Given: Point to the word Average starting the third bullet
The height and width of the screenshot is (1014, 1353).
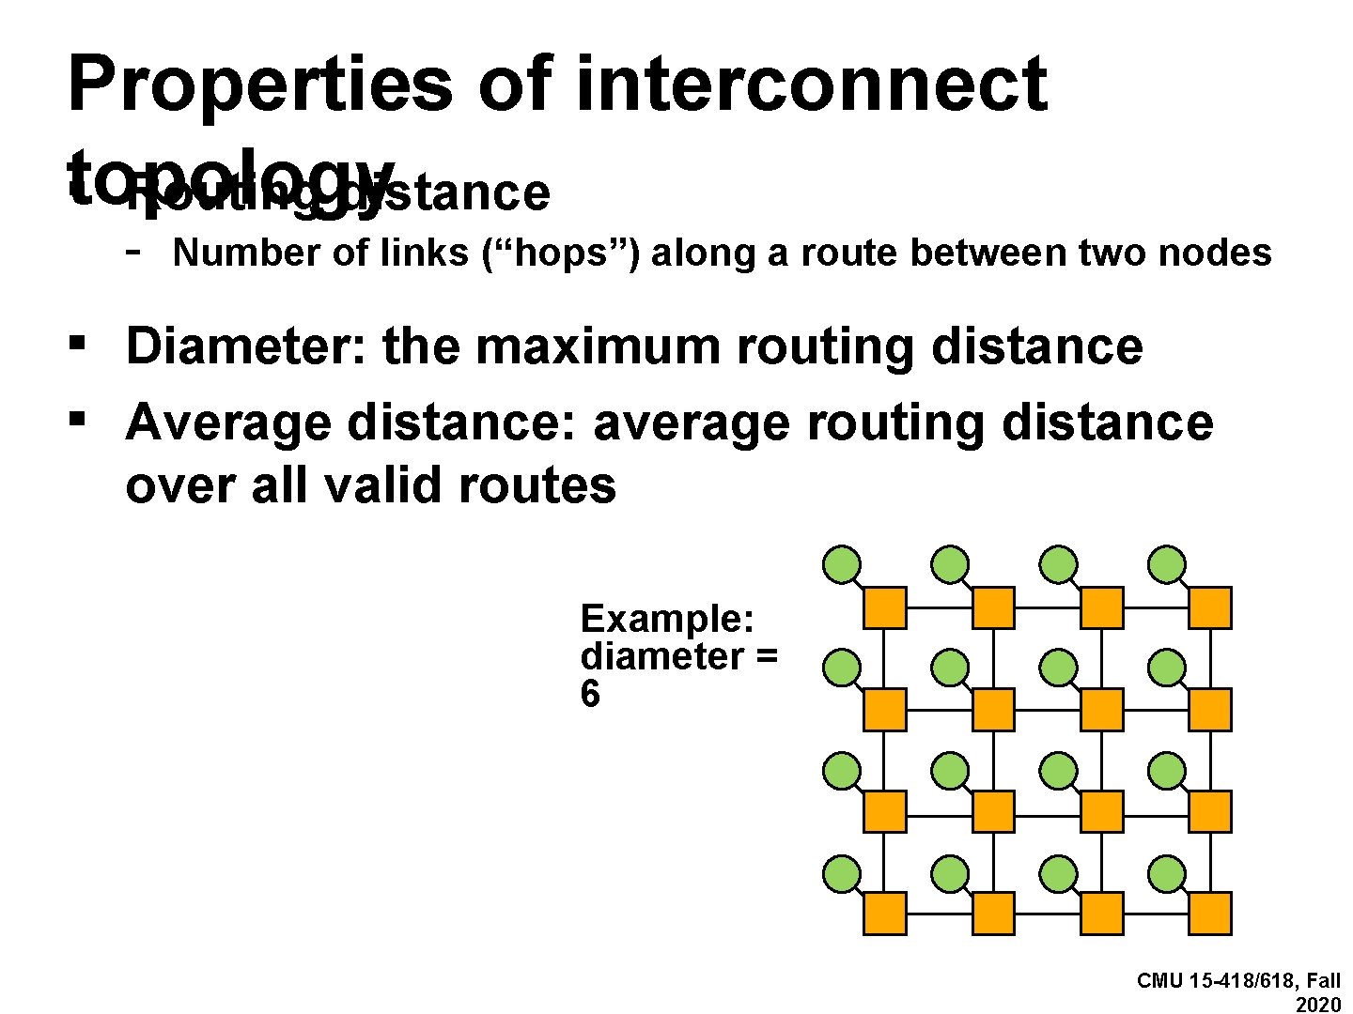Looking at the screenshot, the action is click(227, 422).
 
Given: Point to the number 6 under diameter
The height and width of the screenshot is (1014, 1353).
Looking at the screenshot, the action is click(590, 695).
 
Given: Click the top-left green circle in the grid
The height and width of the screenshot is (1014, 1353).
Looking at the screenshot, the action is click(842, 565).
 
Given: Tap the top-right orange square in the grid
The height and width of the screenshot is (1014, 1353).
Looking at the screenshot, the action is click(1210, 607).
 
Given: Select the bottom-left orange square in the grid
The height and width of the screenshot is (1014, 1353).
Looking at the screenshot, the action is click(884, 914).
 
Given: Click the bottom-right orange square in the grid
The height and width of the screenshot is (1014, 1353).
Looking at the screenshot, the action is click(1210, 914).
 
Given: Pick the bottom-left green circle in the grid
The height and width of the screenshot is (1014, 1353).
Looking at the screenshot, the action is click(842, 874).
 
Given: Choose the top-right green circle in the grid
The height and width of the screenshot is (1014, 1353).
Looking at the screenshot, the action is click(1167, 565).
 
